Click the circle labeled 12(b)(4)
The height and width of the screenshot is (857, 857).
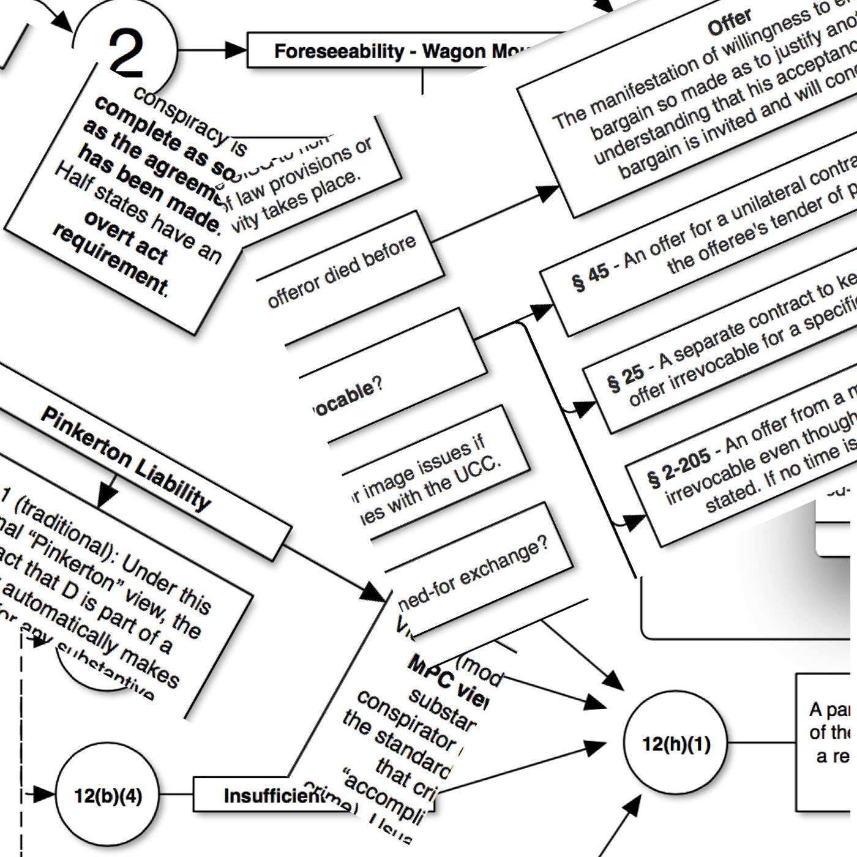pyautogui.click(x=108, y=795)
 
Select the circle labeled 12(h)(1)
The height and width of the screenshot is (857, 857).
pyautogui.click(x=676, y=744)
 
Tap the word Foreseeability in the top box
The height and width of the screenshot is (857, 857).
pyautogui.click(x=339, y=51)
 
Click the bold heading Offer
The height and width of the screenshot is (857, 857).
pyautogui.click(x=729, y=23)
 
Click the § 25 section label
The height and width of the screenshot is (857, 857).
pyautogui.click(x=625, y=378)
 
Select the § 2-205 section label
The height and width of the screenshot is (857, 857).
pyautogui.click(x=678, y=469)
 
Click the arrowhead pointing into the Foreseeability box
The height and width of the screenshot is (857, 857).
pyautogui.click(x=236, y=50)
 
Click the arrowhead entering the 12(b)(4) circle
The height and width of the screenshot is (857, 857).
pyautogui.click(x=44, y=795)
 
